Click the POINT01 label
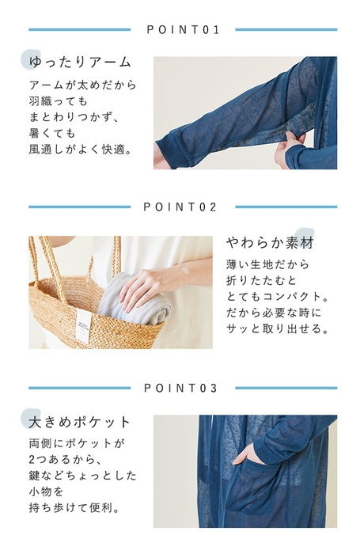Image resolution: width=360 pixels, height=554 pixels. tap(183, 30)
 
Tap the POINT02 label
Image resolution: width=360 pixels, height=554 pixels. tap(180, 207)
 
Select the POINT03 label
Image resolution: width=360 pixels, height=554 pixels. tap(180, 388)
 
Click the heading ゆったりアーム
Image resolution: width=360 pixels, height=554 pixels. tap(80, 62)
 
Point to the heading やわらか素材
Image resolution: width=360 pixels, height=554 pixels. tap(271, 243)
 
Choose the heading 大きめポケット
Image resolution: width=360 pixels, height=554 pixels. tap(80, 422)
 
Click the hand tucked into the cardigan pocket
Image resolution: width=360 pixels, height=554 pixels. tap(247, 455)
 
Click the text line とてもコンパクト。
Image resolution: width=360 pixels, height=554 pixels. tap(278, 297)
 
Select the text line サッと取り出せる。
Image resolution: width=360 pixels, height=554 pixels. tap(278, 329)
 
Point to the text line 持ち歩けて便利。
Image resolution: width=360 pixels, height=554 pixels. tap(74, 508)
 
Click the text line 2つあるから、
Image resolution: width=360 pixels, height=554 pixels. tap(66, 459)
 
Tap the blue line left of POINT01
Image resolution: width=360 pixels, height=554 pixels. tap(79, 30)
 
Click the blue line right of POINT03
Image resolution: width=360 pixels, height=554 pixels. tap(286, 388)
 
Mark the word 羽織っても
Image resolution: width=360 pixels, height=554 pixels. tap(58, 101)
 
